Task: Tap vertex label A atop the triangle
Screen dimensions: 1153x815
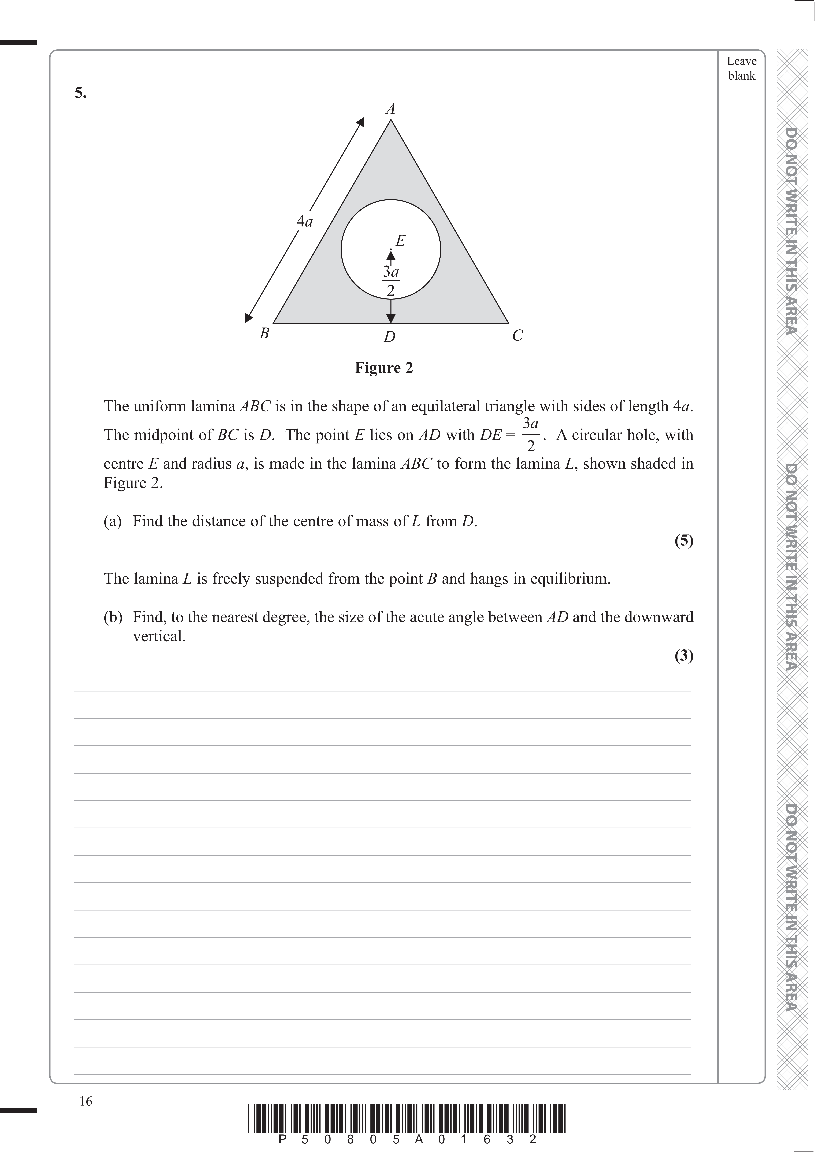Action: tap(390, 109)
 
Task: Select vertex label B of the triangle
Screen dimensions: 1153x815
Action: tap(264, 333)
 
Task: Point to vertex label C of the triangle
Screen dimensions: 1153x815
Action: tap(518, 335)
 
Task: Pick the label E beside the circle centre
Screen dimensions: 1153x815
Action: tap(400, 241)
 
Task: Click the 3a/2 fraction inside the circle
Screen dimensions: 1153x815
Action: tap(391, 281)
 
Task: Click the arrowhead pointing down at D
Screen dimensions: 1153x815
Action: tap(391, 318)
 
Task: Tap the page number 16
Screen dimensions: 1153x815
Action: tap(86, 1101)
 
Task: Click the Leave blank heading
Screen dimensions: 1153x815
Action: tap(741, 68)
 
